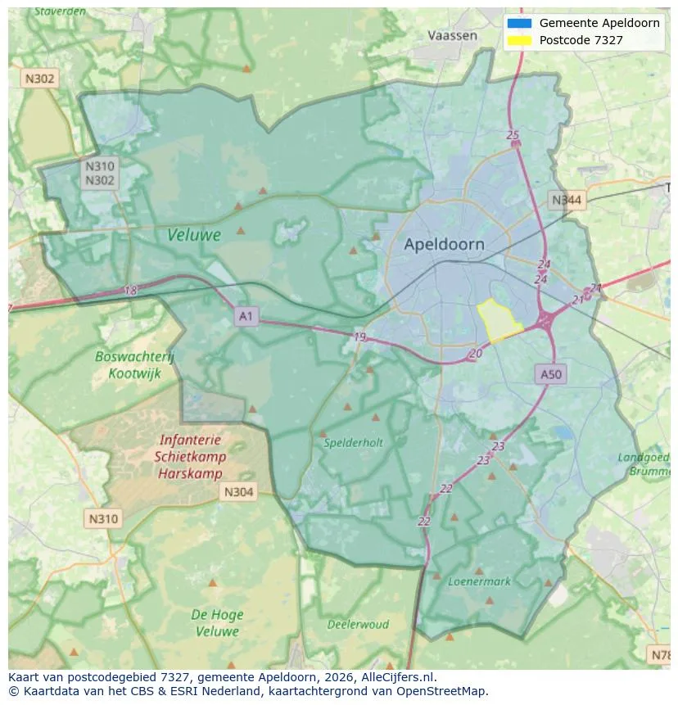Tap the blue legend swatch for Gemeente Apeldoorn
click(519, 23)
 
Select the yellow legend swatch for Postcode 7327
click(519, 40)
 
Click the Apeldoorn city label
click(444, 244)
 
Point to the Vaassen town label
click(452, 35)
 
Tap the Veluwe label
click(194, 235)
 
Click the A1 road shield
click(246, 315)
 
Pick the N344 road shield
click(567, 200)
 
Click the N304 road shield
click(238, 492)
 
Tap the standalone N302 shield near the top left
click(39, 79)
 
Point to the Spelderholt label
click(353, 442)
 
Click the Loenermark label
click(479, 581)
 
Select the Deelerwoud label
click(358, 624)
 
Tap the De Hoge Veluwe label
click(216, 622)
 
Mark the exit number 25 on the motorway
click(513, 135)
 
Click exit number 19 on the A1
click(359, 337)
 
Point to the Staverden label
click(61, 11)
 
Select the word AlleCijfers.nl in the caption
click(399, 677)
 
